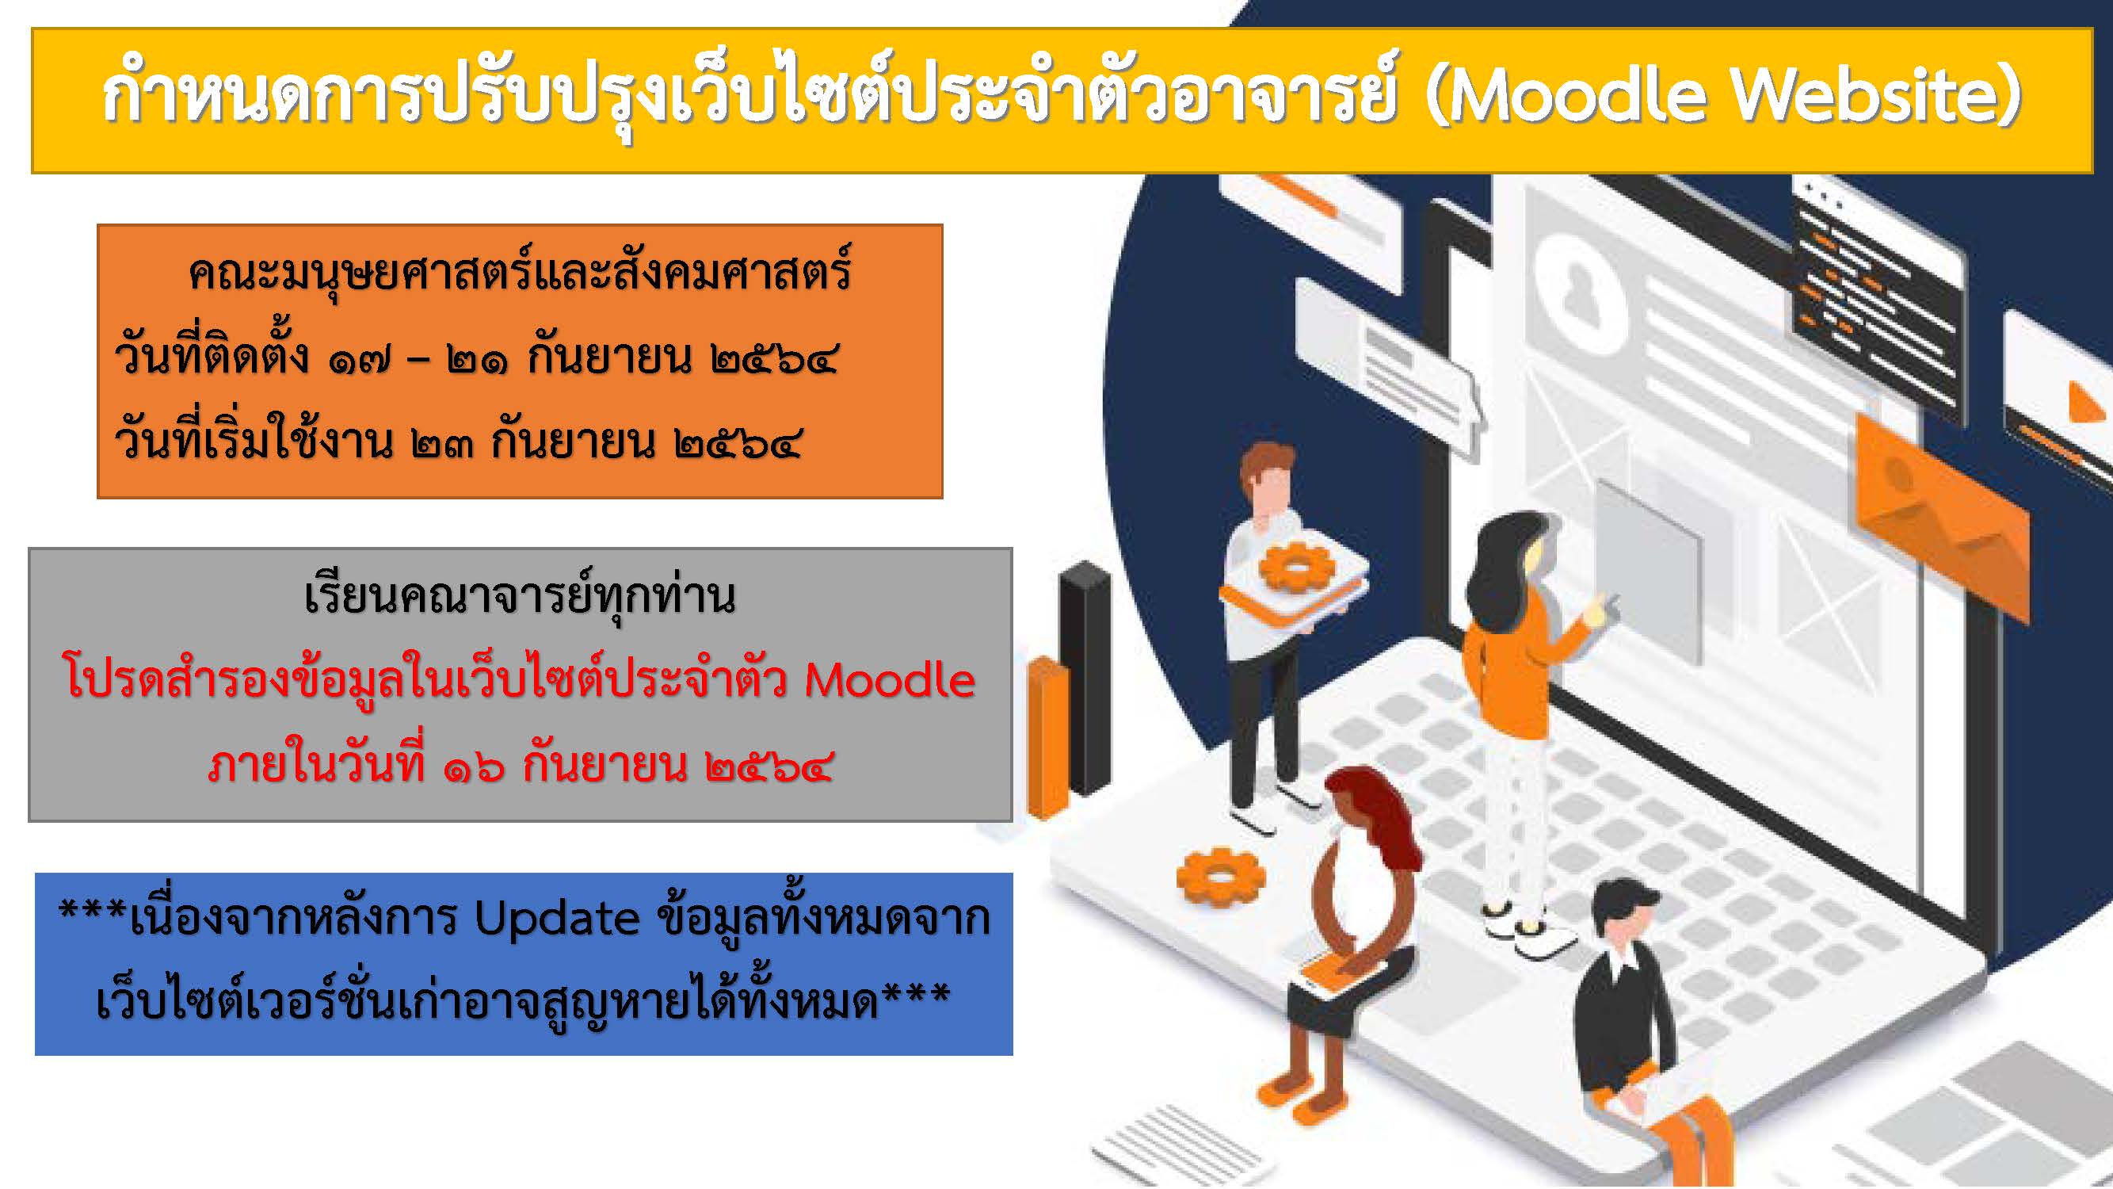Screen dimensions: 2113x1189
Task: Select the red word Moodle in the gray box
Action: tap(891, 680)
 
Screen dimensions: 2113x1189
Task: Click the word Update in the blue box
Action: tap(557, 919)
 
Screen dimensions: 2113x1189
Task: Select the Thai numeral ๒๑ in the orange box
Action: tap(478, 361)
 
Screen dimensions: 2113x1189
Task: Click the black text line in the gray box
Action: tap(520, 597)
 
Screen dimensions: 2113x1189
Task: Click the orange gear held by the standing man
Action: tap(1295, 566)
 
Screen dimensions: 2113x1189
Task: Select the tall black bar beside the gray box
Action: tap(1085, 677)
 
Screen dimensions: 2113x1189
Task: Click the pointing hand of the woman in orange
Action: tap(1604, 608)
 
